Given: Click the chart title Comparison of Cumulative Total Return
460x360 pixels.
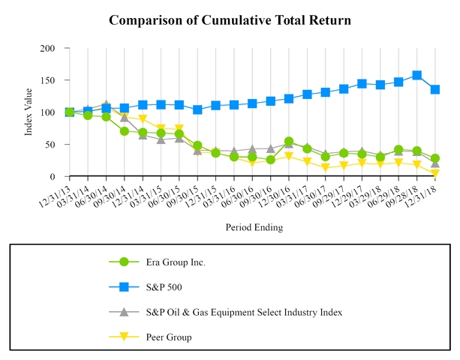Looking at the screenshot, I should pyautogui.click(x=230, y=19).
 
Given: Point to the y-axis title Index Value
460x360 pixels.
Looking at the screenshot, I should pyautogui.click(x=29, y=112).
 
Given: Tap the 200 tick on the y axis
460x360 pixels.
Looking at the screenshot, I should pyautogui.click(x=47, y=49).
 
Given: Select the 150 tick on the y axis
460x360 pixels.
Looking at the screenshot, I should pyautogui.click(x=47, y=80).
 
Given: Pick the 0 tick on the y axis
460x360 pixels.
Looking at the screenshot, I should pyautogui.click(x=53, y=177).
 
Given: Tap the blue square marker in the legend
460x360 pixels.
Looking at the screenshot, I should pyautogui.click(x=124, y=287).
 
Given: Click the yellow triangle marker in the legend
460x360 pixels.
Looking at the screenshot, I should pyautogui.click(x=124, y=337).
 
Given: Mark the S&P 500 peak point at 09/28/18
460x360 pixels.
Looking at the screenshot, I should pyautogui.click(x=416, y=76).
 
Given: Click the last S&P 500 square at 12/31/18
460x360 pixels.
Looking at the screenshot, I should pyautogui.click(x=435, y=89).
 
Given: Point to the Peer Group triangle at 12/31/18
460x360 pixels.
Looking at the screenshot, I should pyautogui.click(x=435, y=174).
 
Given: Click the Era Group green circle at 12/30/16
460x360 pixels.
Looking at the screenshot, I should pyautogui.click(x=289, y=142).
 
